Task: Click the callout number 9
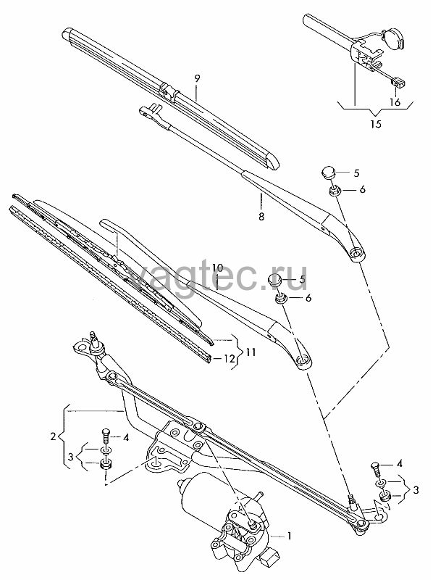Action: [x=197, y=78]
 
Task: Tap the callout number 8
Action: [x=261, y=216]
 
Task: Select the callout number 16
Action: [x=395, y=102]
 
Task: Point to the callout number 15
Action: [x=376, y=123]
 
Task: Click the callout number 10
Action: [x=218, y=268]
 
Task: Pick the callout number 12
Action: [x=230, y=358]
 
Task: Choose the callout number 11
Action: [x=251, y=352]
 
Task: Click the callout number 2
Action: [x=53, y=437]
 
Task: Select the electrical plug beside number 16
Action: [x=398, y=82]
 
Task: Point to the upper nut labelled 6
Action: [x=335, y=191]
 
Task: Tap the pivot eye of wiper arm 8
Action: [x=356, y=254]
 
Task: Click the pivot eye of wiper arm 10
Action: [x=303, y=360]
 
